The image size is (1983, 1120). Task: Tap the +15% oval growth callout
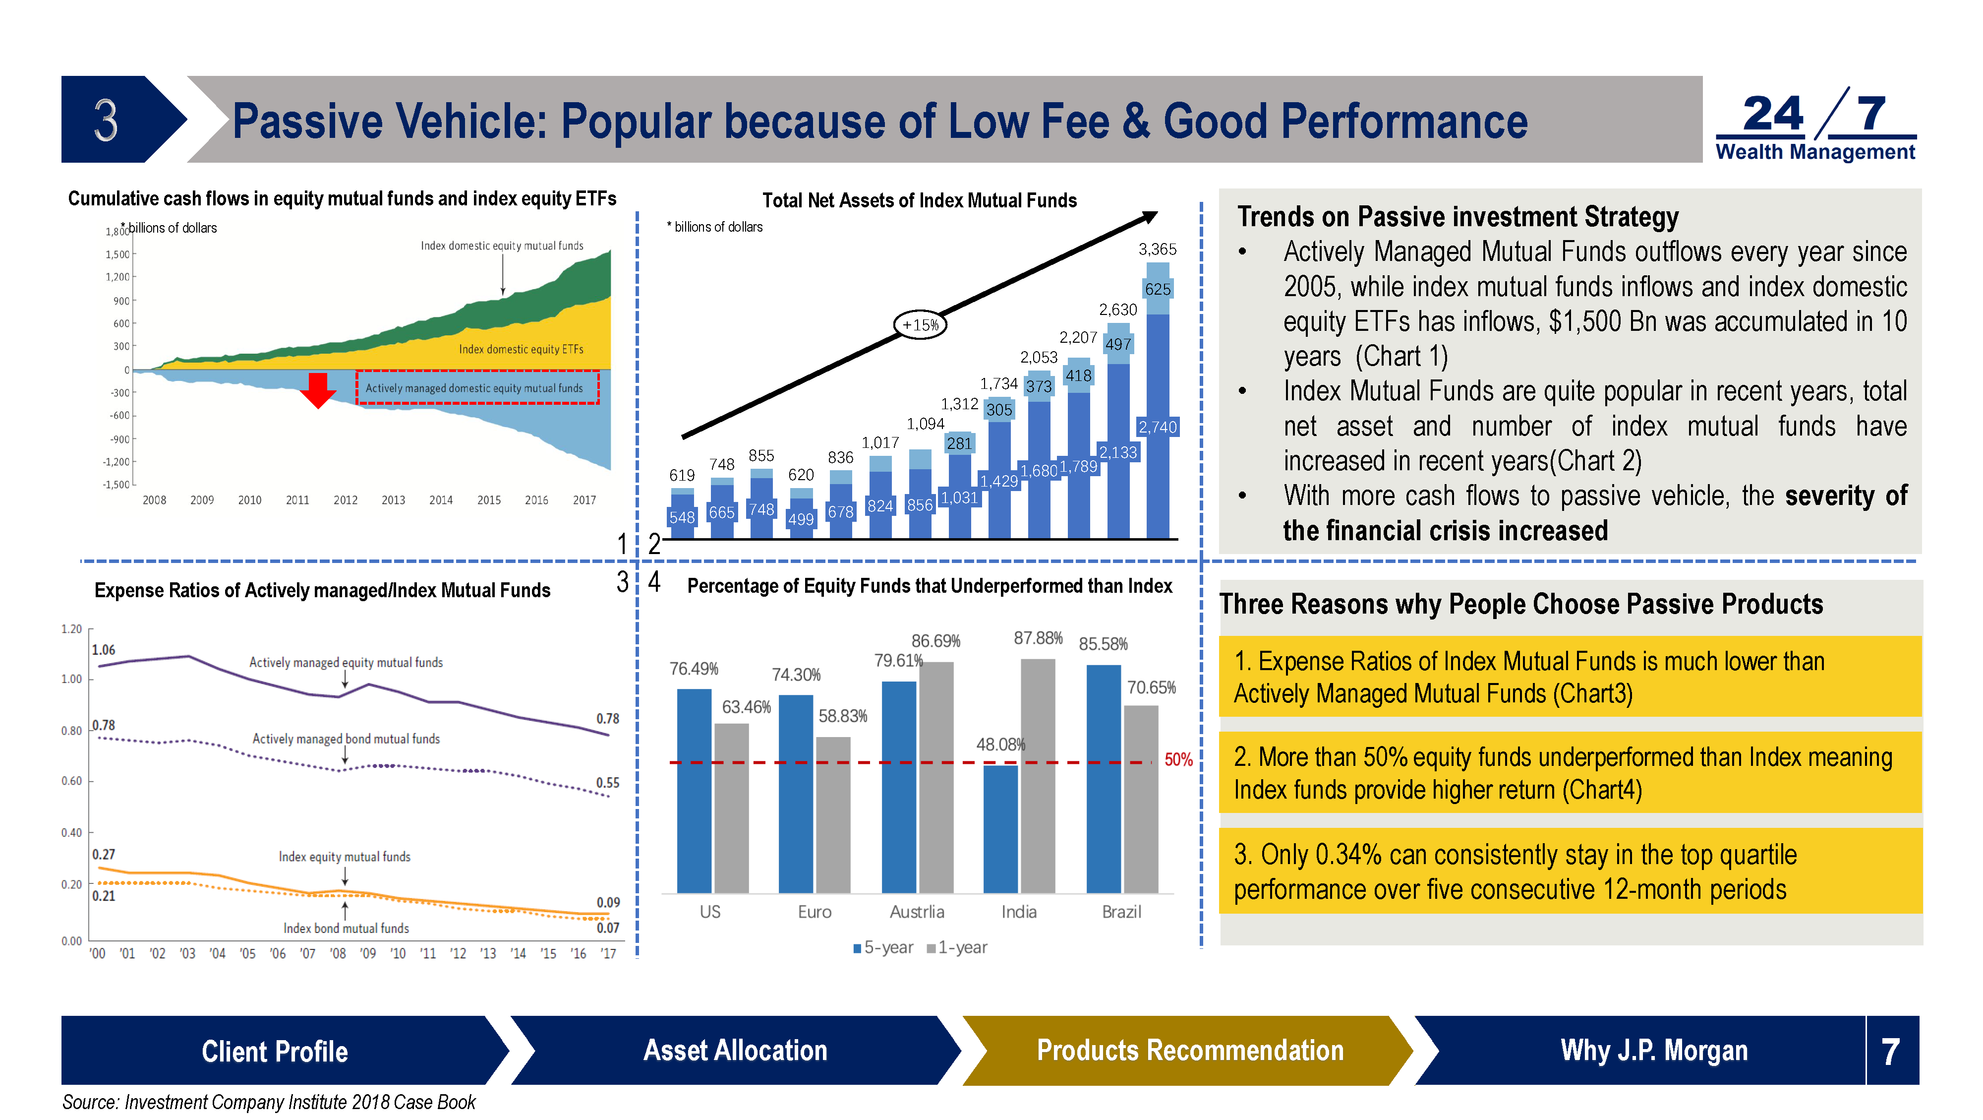[920, 325]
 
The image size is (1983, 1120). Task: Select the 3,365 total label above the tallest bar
[1157, 249]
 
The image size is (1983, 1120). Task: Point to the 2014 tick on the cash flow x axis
[441, 500]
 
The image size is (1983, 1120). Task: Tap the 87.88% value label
[1038, 638]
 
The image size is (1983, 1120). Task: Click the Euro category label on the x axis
[815, 912]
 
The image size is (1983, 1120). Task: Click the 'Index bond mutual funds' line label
[347, 928]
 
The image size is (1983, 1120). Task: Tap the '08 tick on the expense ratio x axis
[338, 954]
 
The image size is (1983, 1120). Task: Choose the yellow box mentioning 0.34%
[1571, 871]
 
